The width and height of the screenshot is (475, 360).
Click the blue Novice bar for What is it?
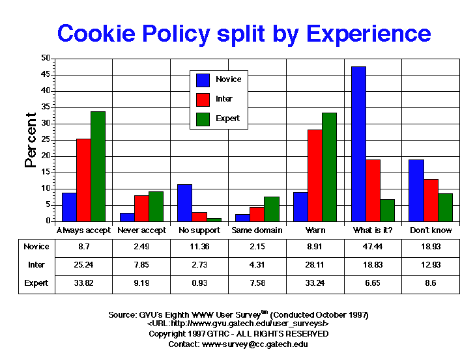pyautogui.click(x=358, y=144)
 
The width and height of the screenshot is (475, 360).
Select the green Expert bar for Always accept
pyautogui.click(x=98, y=166)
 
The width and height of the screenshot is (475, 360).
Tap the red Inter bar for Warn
pyautogui.click(x=315, y=175)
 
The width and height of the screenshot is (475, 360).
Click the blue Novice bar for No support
pyautogui.click(x=184, y=202)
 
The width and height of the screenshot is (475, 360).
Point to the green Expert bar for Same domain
pyautogui.click(x=271, y=209)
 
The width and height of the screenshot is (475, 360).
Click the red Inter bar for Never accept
pyautogui.click(x=141, y=208)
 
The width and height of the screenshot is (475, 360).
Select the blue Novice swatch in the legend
pyautogui.click(x=203, y=79)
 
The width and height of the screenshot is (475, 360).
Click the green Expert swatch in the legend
pyautogui.click(x=203, y=118)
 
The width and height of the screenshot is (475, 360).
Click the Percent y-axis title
pyautogui.click(x=31, y=140)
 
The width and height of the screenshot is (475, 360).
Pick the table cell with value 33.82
pyautogui.click(x=83, y=283)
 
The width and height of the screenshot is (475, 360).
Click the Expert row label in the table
pyautogui.click(x=36, y=283)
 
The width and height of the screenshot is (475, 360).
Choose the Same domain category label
pyautogui.click(x=257, y=230)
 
